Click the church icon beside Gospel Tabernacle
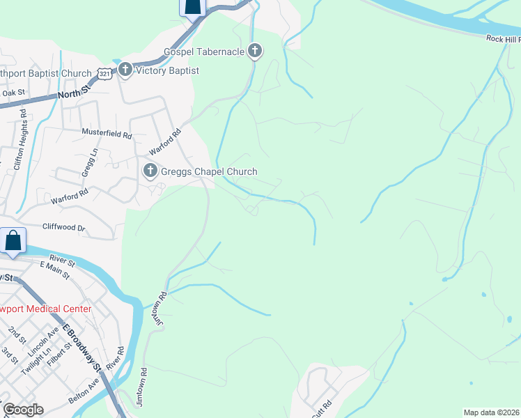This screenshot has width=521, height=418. click(255, 51)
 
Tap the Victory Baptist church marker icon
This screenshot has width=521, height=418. click(125, 70)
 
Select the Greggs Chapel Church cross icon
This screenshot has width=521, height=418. click(150, 171)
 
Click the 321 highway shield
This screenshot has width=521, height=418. click(104, 74)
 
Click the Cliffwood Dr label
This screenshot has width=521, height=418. click(63, 227)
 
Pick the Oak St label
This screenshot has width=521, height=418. click(13, 93)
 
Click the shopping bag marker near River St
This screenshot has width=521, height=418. click(13, 241)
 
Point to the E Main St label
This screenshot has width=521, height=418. click(55, 270)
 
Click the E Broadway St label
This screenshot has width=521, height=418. click(81, 346)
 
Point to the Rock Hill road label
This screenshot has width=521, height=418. click(503, 40)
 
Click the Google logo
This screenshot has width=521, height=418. click(23, 409)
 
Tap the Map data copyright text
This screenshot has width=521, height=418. click(492, 412)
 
